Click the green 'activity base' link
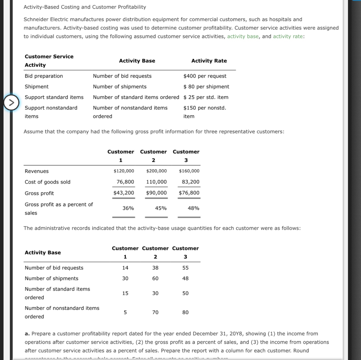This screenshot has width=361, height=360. (243, 36)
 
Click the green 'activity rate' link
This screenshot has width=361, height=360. (288, 36)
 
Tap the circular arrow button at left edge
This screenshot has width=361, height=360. (11, 103)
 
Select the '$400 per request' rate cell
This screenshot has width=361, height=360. (205, 76)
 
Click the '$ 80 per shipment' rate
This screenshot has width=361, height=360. (206, 87)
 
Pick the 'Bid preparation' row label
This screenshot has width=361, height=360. (44, 76)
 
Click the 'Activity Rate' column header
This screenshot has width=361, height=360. (209, 61)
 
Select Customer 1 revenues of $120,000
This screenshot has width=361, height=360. (124, 171)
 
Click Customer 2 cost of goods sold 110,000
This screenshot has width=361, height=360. (156, 182)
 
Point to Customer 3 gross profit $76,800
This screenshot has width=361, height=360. (189, 193)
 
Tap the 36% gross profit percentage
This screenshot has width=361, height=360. (128, 208)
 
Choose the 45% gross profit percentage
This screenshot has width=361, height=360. (161, 208)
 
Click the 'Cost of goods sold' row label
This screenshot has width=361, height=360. (47, 182)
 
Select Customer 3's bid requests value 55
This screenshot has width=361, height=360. (185, 268)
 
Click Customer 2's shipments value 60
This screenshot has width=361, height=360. (155, 279)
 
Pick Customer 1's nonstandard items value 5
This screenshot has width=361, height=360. (125, 312)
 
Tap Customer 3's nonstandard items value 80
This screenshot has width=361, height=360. (185, 312)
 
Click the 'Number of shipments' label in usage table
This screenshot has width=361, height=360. (51, 279)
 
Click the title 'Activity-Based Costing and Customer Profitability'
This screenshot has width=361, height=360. (85, 7)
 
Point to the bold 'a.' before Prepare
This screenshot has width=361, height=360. (27, 334)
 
